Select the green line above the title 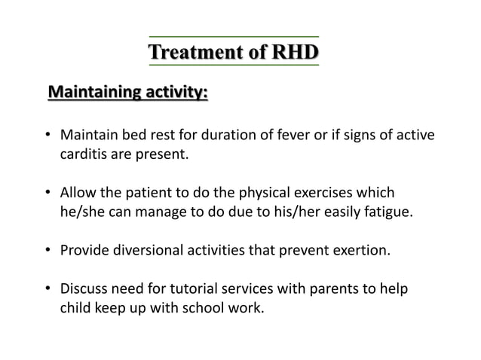coord(233,36)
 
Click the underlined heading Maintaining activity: coord(128,93)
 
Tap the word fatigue coord(388,212)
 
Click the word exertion coord(363,249)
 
